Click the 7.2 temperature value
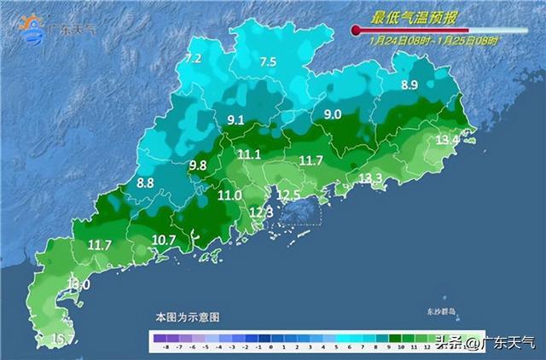194,59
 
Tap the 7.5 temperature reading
268,61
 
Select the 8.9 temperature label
409,84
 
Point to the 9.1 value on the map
235,119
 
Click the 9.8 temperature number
198,165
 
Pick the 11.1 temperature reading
249,154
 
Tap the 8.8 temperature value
145,182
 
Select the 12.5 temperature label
292,195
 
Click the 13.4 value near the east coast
448,139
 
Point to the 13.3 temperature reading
370,177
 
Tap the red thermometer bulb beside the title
356,30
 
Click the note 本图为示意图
187,316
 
